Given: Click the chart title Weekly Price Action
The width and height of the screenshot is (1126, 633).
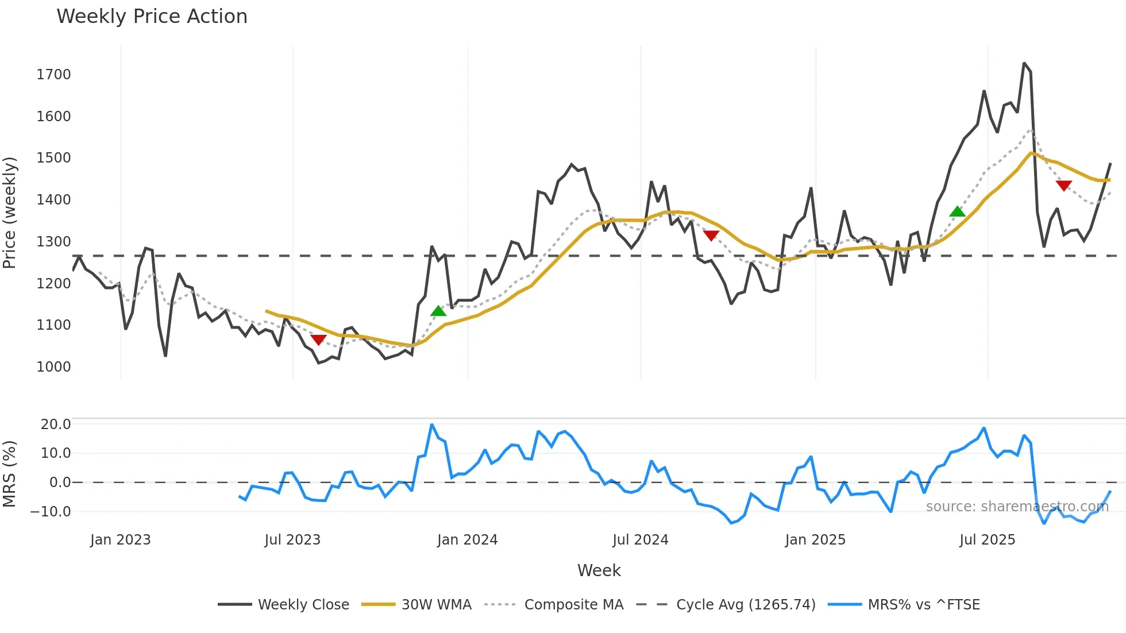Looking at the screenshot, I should [152, 17].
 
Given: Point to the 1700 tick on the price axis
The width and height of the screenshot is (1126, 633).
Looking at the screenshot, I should [53, 75].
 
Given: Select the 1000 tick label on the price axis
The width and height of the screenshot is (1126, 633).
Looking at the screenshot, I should [53, 367].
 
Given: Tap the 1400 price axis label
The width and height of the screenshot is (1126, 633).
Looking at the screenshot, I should [53, 200].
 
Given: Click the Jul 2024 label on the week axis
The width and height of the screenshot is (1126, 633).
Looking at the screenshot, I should [640, 540].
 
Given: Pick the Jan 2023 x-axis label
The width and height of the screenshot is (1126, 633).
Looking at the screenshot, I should [120, 540].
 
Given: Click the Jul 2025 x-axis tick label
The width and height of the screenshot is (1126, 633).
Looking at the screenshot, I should [987, 540].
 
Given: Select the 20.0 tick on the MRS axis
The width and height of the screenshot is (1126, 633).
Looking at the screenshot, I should [56, 424].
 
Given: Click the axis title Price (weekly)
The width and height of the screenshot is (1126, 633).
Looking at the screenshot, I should [10, 213].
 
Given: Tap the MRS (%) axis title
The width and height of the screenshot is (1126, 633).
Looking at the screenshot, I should [10, 474].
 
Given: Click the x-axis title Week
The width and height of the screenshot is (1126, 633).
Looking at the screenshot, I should [599, 570].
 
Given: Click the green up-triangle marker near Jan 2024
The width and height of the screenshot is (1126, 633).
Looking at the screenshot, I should [438, 311].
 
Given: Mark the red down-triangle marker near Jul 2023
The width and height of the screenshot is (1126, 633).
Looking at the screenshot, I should [318, 339].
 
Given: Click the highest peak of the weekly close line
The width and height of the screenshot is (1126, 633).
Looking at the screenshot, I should [1024, 63].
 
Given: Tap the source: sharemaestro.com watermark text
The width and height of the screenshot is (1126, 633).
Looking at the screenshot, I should [1017, 507].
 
